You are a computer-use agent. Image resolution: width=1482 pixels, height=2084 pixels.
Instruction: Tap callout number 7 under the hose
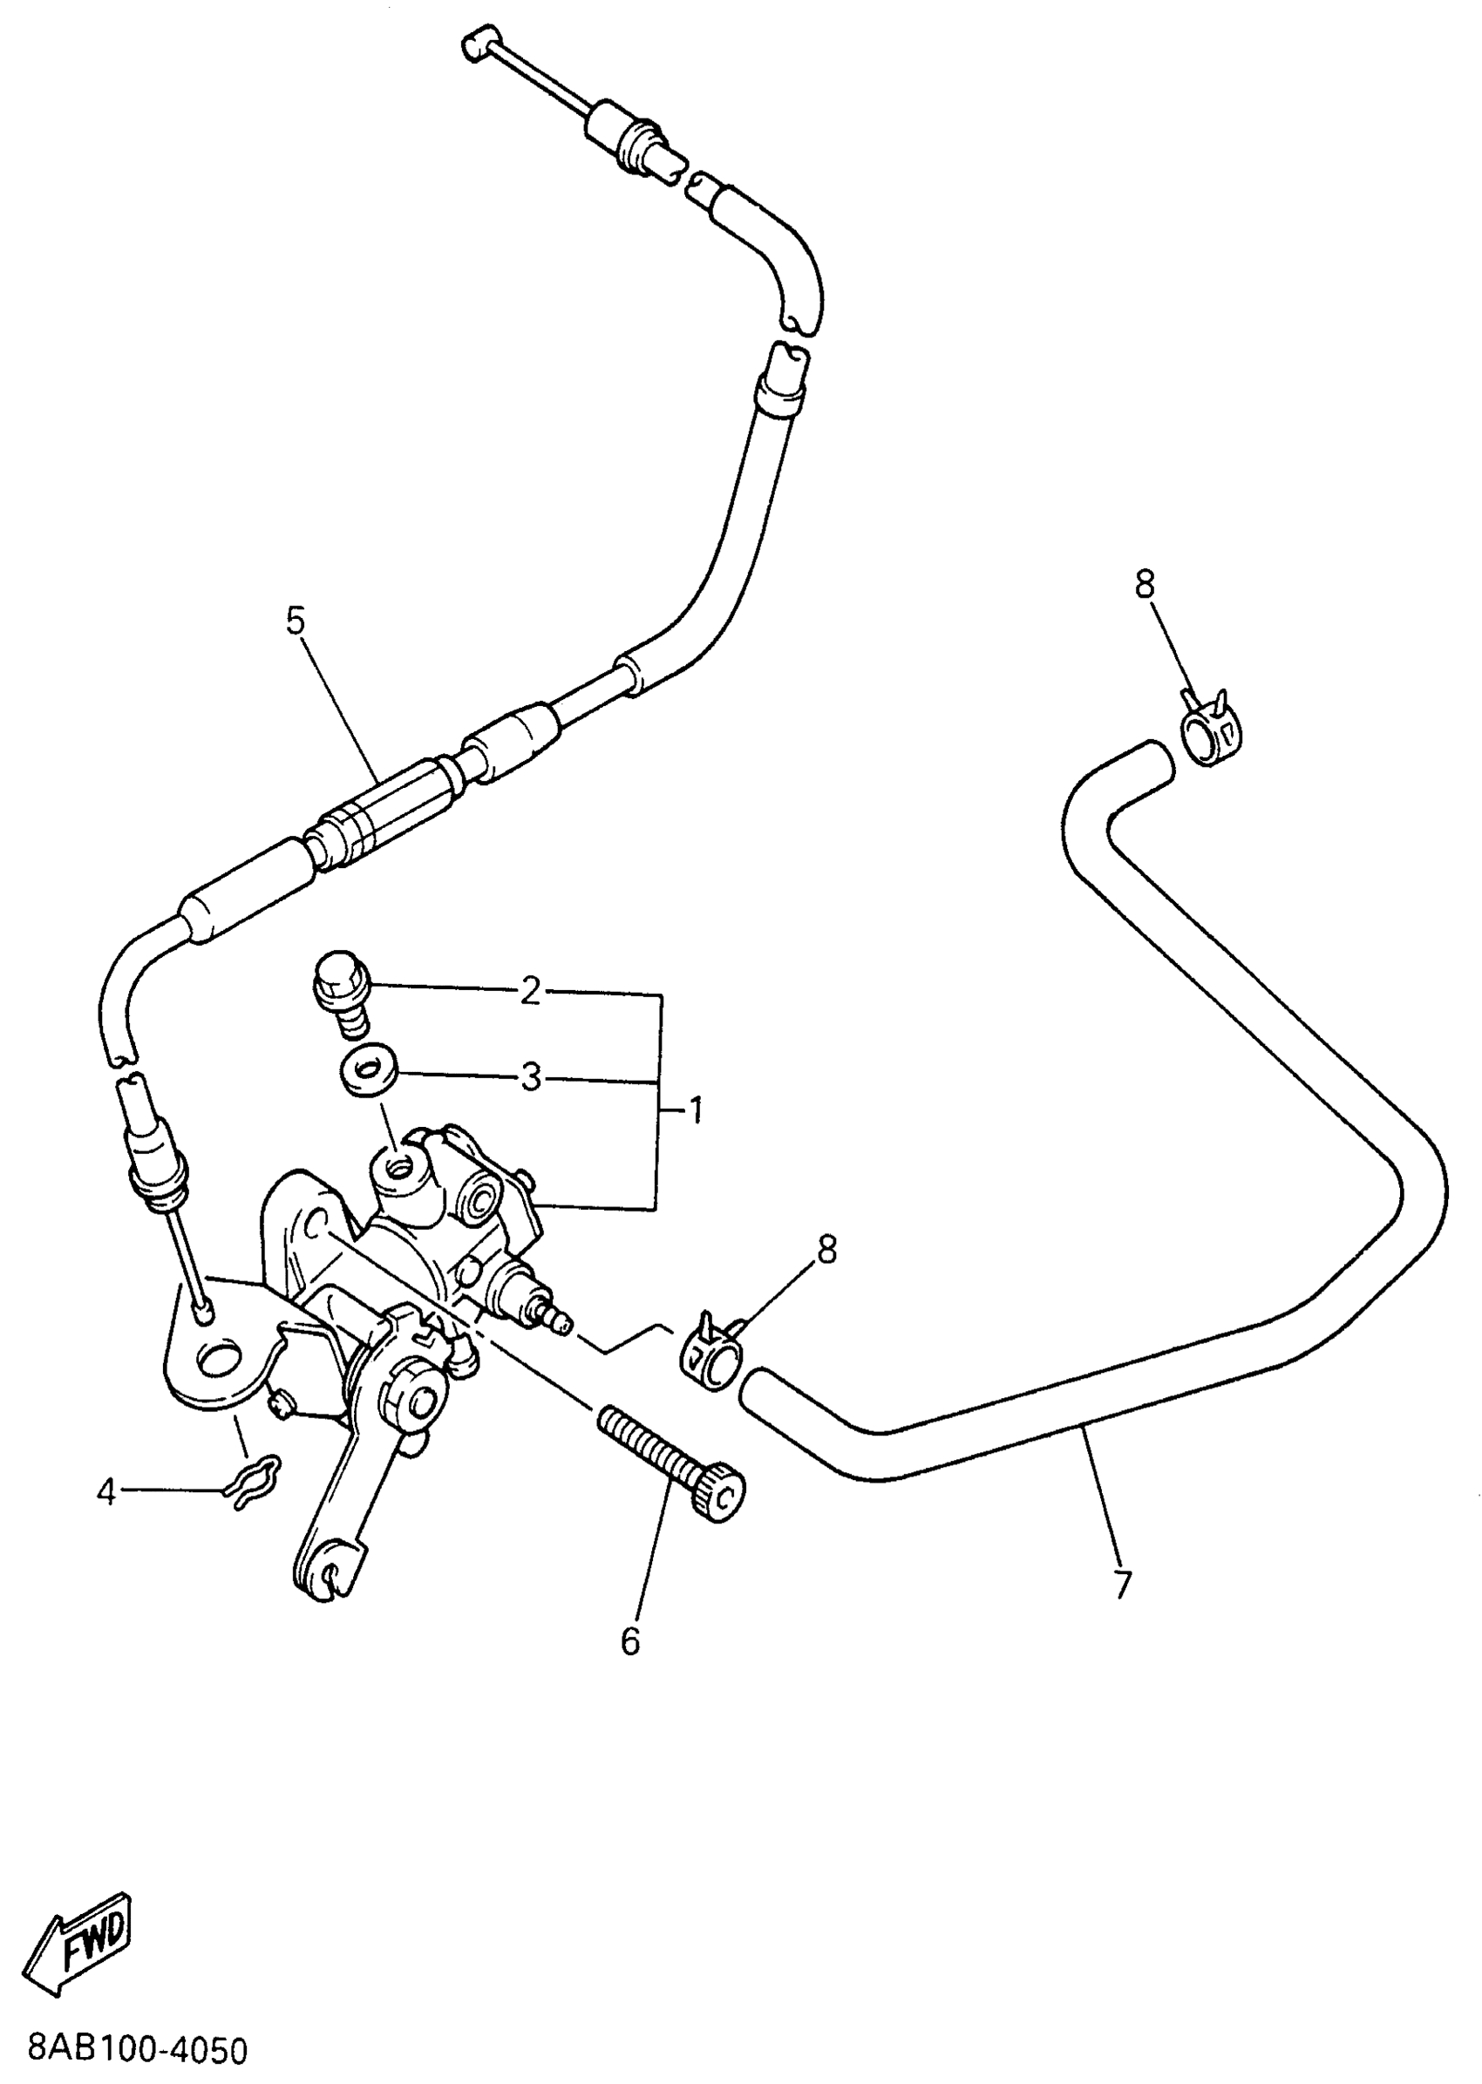(x=1123, y=1584)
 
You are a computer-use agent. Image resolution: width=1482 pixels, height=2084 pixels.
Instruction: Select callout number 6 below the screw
(x=630, y=1641)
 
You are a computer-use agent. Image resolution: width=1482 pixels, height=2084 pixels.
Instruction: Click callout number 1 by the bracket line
(x=695, y=1110)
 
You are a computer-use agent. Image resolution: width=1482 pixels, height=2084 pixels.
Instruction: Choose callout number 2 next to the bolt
(x=530, y=992)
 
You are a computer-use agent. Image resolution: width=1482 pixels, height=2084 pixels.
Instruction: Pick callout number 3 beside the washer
(x=530, y=1077)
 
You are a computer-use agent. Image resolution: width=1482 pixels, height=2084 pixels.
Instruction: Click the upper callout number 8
(x=1145, y=585)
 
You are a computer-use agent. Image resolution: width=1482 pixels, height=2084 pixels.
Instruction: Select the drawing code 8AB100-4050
(x=138, y=2048)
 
